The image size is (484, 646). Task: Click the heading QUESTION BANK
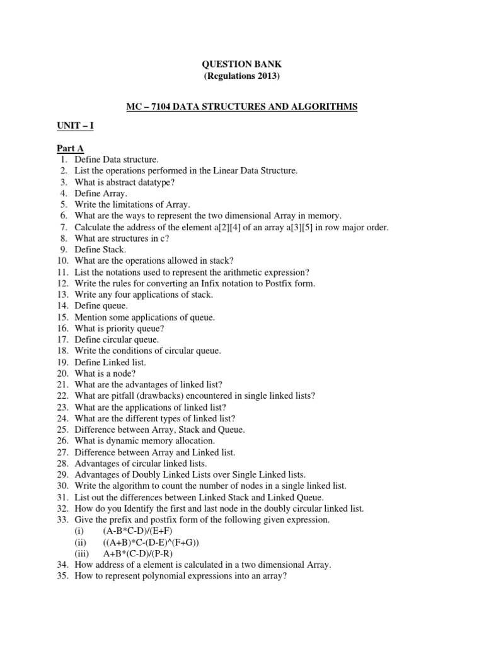[x=241, y=64]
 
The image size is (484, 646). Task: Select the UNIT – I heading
[x=74, y=126]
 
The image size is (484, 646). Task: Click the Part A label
[x=70, y=148]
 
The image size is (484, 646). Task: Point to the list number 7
[x=64, y=227]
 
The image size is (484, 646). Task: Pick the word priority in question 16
[x=124, y=329]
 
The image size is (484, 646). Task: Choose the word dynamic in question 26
[x=130, y=441]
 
